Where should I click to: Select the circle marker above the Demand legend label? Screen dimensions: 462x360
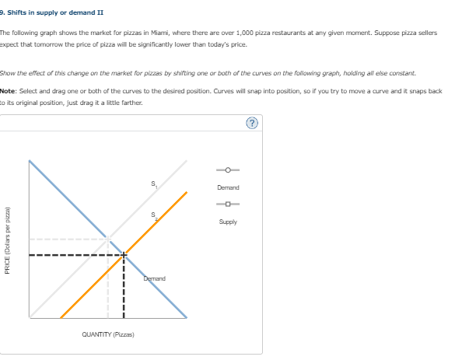pyautogui.click(x=229, y=170)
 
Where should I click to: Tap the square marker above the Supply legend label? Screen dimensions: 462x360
pyautogui.click(x=229, y=204)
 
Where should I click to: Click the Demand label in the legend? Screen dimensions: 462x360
pyautogui.click(x=229, y=187)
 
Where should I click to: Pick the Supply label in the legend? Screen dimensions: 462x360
pyautogui.click(x=229, y=222)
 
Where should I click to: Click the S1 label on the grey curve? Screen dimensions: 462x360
pyautogui.click(x=154, y=184)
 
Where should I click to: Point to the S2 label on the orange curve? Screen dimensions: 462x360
pyautogui.click(x=154, y=216)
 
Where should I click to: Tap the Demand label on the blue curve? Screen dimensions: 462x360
pyautogui.click(x=153, y=278)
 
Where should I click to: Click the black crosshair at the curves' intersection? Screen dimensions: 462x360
pyautogui.click(x=124, y=254)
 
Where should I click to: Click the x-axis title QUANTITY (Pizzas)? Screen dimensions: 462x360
pyautogui.click(x=108, y=334)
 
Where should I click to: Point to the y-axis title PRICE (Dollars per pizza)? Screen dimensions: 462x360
pyautogui.click(x=7, y=240)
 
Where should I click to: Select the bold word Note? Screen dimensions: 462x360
pyautogui.click(x=9, y=91)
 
